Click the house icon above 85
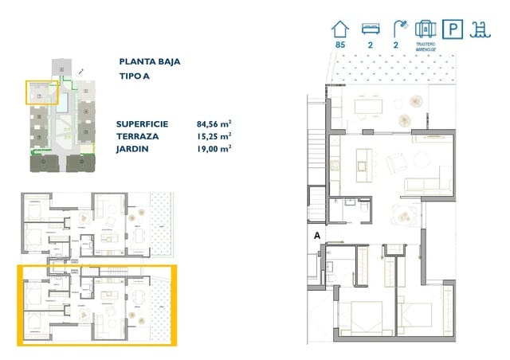pyautogui.click(x=340, y=29)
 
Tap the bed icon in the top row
pyautogui.click(x=369, y=29)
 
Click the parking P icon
pyautogui.click(x=453, y=30)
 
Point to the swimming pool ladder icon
pyautogui.click(x=481, y=30)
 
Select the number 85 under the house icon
pyautogui.click(x=340, y=45)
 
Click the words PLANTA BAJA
pyautogui.click(x=148, y=61)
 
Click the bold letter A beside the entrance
pyautogui.click(x=316, y=236)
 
